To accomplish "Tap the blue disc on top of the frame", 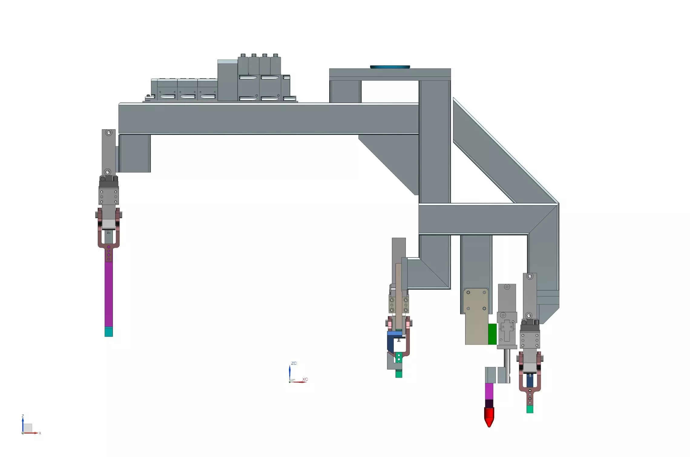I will pos(390,67).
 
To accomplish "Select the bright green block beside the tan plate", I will pos(492,334).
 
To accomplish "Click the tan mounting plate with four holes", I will pos(476,316).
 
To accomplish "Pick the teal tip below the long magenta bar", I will pos(109,332).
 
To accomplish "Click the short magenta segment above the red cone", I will pos(489,391).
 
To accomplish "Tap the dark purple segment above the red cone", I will pos(489,403).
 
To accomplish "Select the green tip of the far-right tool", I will pos(530,409).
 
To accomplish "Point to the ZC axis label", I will pos(294,363).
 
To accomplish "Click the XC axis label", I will pos(305,379).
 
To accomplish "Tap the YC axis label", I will pos(293,381).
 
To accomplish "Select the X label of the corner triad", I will pos(40,433).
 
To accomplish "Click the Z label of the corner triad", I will pos(23,416).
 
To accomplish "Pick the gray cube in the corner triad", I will pos(28,428).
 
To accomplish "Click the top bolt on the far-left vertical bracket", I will pos(109,133).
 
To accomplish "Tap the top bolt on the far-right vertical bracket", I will pos(530,276).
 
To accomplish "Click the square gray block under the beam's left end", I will pos(135,153).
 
